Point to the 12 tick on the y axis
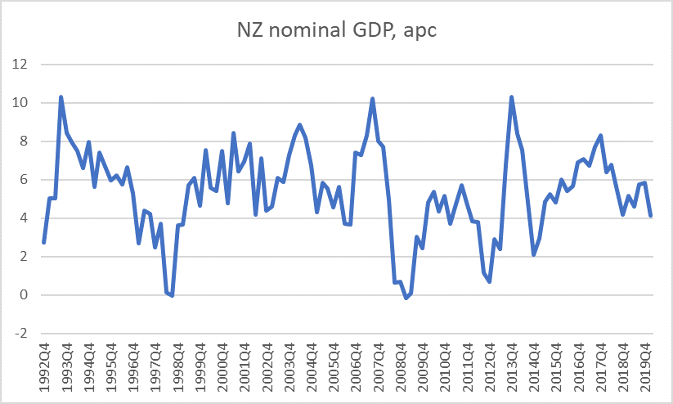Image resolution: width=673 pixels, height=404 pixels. coord(18,65)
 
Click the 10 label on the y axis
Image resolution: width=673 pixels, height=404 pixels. coord(18,103)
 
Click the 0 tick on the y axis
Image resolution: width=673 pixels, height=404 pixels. coord(21,295)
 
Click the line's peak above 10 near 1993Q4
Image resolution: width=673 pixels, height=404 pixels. coord(61,97)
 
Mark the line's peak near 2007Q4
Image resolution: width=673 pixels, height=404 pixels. coord(373,98)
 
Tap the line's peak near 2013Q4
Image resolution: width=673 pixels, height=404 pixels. coord(512,97)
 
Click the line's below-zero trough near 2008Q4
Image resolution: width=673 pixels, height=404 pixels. coord(406,299)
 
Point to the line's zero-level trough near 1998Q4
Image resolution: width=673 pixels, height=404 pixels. coord(172,295)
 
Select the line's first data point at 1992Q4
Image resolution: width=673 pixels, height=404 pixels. coord(43,243)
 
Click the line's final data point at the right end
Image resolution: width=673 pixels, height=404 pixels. coord(651,216)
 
